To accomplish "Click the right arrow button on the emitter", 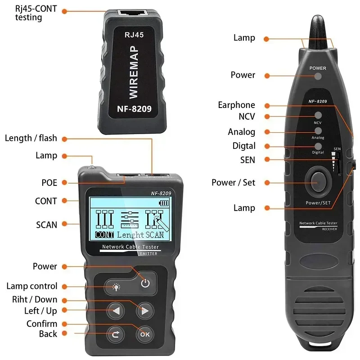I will [x=145, y=310].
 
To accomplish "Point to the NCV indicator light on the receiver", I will [x=318, y=115].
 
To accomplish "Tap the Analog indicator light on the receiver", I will [x=318, y=131].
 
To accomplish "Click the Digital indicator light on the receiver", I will [x=318, y=146].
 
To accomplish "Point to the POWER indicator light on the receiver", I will [x=318, y=76].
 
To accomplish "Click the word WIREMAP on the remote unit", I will [x=134, y=72].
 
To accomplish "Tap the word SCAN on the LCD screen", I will [x=154, y=234].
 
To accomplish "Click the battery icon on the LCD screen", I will [x=165, y=203].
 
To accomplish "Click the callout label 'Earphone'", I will [x=236, y=105].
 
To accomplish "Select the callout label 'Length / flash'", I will [x=31, y=138].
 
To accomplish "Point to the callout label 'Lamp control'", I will [x=32, y=286].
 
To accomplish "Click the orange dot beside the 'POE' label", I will [x=64, y=183].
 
